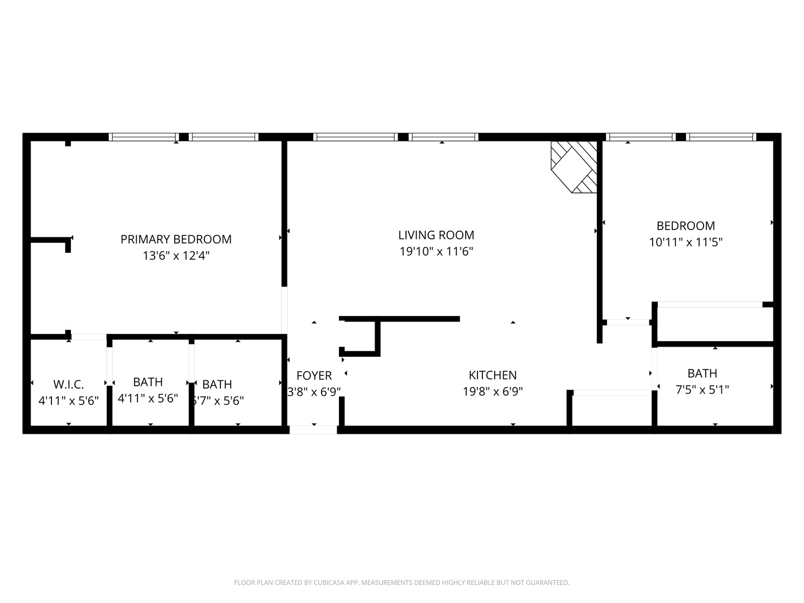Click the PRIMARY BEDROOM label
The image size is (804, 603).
click(x=176, y=239)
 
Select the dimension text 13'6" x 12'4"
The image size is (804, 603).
click(x=176, y=256)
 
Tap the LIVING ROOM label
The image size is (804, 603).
click(x=436, y=235)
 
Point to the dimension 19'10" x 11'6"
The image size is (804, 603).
click(x=436, y=251)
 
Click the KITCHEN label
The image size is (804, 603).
click(x=492, y=375)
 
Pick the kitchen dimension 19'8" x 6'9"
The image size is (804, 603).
click(x=492, y=391)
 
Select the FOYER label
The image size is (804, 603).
click(x=314, y=375)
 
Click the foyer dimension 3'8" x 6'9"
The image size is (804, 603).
click(x=314, y=391)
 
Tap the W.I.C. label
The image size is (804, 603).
click(x=69, y=384)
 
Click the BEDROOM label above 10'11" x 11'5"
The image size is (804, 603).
click(x=686, y=226)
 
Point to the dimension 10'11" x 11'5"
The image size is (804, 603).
click(x=686, y=242)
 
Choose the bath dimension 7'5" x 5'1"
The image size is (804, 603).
click(x=702, y=390)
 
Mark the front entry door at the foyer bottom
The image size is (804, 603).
click(x=313, y=429)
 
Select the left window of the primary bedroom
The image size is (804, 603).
click(x=143, y=137)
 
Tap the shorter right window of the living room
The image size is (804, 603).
click(x=443, y=137)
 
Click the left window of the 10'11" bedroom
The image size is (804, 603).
click(x=641, y=137)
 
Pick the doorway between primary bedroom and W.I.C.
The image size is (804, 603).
click(x=88, y=337)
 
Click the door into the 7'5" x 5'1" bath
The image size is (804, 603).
click(x=654, y=368)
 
